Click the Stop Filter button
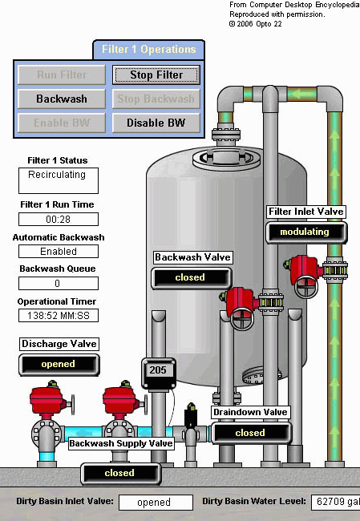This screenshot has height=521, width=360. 156,75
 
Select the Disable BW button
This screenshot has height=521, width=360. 156,123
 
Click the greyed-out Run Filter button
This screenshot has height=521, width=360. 62,75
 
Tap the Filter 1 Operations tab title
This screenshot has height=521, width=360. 148,49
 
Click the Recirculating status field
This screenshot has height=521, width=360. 59,180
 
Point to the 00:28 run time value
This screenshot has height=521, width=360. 59,220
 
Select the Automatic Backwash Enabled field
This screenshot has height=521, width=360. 59,252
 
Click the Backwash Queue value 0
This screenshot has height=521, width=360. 59,284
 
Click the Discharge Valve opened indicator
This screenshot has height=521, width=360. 59,365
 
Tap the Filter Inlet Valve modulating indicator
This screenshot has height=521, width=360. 306,232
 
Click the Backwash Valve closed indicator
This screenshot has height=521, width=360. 192,278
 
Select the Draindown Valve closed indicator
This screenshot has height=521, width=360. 251,433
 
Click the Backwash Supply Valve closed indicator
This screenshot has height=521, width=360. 120,473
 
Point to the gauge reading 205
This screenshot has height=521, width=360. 158,370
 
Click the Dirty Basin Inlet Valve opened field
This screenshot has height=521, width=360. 156,503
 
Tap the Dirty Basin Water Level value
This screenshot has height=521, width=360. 335,502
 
